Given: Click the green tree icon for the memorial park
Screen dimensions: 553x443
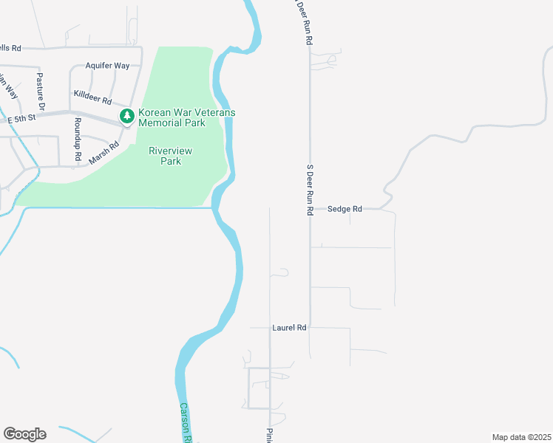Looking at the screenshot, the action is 127,116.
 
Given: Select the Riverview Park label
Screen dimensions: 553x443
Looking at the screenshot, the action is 171,156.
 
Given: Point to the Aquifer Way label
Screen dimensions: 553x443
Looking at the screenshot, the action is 107,66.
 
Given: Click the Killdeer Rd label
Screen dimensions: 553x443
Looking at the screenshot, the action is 92,97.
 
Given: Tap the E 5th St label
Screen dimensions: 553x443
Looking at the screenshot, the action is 21,119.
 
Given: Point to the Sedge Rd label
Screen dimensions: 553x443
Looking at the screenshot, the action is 345,209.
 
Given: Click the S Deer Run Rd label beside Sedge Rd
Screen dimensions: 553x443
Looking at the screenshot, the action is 311,190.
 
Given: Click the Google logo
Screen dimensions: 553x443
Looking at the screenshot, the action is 24,434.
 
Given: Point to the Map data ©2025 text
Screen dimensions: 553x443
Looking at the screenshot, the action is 521,437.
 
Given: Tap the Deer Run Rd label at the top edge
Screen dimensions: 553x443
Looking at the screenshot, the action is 302,22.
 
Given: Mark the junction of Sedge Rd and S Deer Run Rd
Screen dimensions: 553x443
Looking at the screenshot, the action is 310,209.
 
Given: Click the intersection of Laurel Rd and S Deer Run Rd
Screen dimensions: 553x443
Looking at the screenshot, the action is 310,327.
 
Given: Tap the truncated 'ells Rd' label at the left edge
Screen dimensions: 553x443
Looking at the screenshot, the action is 10,48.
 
